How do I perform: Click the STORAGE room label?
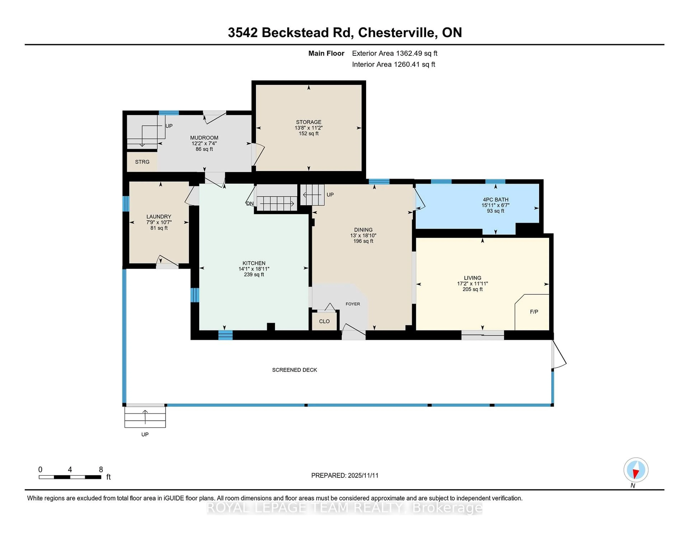coord(309,122)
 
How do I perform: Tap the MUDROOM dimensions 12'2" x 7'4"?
coord(204,143)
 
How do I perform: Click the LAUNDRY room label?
coord(159,217)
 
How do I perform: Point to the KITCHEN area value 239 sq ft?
coord(254,275)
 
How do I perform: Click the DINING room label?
coord(363,230)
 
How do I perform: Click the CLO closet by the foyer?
coord(324,321)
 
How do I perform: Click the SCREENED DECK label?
coord(294,370)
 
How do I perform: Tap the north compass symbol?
coord(636,470)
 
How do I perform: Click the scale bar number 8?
coord(101,470)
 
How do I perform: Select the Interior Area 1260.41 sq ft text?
coord(393,64)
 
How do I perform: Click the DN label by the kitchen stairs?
coord(250,204)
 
